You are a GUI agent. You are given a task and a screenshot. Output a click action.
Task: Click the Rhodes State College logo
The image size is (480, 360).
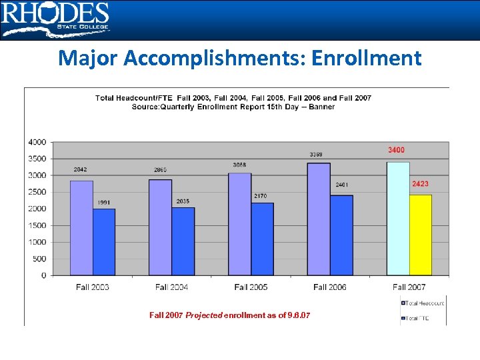coord(55,19)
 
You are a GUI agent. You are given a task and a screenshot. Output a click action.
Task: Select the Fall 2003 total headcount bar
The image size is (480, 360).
coord(81,227)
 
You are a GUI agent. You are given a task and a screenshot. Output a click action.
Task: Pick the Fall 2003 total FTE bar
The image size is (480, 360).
coord(104,241)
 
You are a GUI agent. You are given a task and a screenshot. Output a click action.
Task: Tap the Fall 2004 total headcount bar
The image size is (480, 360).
coord(161,227)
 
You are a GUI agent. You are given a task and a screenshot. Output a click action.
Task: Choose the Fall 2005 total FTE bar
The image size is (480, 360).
coord(262,239)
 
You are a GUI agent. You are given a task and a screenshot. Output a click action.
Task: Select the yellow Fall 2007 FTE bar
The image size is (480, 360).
coord(420,235)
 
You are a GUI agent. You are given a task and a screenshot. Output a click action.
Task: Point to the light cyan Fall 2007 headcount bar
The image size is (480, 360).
coord(398,218)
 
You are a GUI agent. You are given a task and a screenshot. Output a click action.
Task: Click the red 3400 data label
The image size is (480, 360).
coord(396,150)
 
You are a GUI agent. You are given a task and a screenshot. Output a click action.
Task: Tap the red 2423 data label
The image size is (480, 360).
coord(420,183)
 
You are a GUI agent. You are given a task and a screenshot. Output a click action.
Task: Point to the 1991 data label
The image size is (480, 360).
coord(104,202)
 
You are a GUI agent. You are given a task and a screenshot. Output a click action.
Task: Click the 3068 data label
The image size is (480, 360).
coord(239,165)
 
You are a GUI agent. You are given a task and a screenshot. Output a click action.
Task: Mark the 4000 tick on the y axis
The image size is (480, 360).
coord(37,142)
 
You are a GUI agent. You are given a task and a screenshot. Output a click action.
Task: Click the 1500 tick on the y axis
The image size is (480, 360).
coord(37,225)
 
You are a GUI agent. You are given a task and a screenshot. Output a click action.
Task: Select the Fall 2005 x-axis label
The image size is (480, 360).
coord(251,287)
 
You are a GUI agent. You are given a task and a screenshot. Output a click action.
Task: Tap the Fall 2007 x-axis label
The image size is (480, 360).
coord(409,287)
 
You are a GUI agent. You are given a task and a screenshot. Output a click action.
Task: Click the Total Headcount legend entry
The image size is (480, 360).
coord(423,303)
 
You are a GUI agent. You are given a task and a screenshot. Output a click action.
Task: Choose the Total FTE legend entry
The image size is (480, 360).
coord(419,319)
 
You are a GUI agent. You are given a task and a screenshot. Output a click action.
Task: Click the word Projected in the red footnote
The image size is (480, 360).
coord(204,315)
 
